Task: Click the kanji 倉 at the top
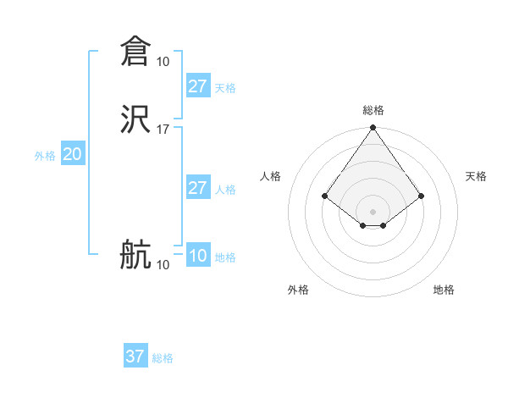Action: (x=135, y=52)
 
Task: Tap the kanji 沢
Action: (x=135, y=119)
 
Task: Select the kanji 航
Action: (x=135, y=255)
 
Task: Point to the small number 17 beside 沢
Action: (x=163, y=130)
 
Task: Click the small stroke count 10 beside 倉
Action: (x=163, y=62)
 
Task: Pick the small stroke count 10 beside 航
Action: (x=163, y=265)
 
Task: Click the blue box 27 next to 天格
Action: (x=197, y=86)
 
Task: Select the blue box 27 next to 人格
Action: (x=197, y=188)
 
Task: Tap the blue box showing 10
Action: (x=197, y=256)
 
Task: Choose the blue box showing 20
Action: (x=73, y=154)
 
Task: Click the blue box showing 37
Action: (x=135, y=357)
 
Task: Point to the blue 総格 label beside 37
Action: (x=163, y=358)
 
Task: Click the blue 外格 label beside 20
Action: (x=45, y=156)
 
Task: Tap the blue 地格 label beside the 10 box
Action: (x=225, y=257)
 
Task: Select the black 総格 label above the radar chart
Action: (x=373, y=110)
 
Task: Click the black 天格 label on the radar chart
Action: (x=476, y=176)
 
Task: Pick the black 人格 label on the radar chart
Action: (x=271, y=176)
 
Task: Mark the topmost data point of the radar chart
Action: (x=373, y=129)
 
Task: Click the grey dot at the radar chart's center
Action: (x=373, y=211)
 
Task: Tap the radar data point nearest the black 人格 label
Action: (x=324, y=196)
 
